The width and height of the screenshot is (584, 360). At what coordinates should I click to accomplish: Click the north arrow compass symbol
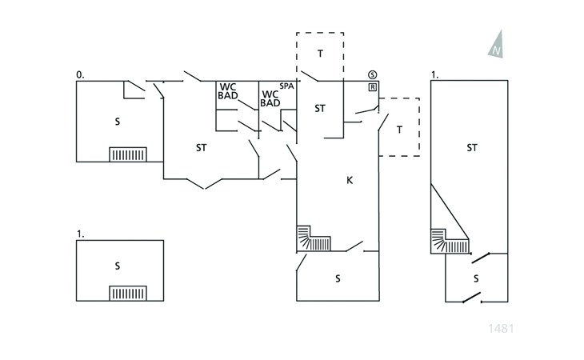pos(497,45)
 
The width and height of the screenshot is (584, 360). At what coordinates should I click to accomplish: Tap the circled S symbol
pos(373,74)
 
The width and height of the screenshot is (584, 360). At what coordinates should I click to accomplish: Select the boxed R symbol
pos(373,87)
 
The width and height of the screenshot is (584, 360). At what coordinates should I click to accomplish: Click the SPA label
pos(286,86)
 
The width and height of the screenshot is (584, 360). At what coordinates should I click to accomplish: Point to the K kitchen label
pos(350,181)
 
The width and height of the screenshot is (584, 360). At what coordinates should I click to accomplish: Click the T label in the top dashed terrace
pos(320,54)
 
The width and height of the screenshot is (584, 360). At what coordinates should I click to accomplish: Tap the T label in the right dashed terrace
pos(400,130)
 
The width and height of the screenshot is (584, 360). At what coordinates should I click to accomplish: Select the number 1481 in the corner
pos(501,329)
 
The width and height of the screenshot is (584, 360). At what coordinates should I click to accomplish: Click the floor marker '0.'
pos(80,75)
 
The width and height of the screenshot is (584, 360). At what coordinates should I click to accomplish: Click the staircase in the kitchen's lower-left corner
pos(314,238)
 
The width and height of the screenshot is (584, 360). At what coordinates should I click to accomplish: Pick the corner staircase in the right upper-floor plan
pos(450,242)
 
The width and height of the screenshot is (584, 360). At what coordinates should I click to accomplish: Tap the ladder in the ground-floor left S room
pos(128,154)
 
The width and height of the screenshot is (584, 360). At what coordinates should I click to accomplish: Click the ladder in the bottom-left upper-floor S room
pos(128,294)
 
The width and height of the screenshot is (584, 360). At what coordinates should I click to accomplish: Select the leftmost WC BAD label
pos(227,91)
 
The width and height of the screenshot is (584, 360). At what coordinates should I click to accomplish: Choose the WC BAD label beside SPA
pos(270,99)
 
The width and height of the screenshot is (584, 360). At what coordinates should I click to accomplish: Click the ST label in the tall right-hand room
pos(472,148)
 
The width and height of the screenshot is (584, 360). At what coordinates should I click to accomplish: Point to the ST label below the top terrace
pos(320,109)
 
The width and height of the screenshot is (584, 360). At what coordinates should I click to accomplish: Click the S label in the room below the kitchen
pos(338,279)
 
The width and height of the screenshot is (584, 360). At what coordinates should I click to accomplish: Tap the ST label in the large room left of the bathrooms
pos(201,148)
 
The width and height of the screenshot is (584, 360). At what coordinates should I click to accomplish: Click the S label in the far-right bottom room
pos(476,279)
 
